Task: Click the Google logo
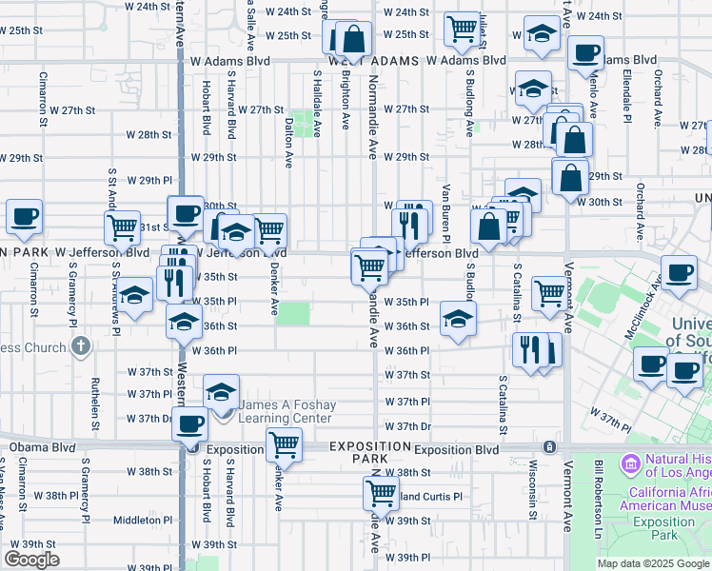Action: point(31,560)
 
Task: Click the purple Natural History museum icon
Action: point(629,464)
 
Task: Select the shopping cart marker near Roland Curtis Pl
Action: point(381,493)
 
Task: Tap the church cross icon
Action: point(81,346)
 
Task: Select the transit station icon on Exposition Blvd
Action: point(549,446)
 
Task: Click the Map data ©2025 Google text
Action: point(652,563)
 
